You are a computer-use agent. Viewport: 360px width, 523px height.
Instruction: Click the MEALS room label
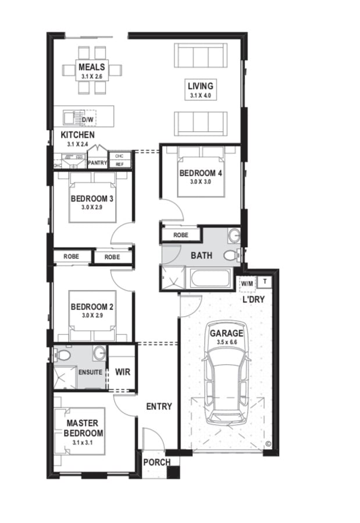coord(91,67)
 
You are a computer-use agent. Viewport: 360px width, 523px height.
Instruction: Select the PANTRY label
coord(98,163)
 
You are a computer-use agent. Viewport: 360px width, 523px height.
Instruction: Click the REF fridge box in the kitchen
coord(120,164)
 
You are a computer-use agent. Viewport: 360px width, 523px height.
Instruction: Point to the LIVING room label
coord(201,86)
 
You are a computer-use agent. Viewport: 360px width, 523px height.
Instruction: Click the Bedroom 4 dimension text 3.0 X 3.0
coord(201,182)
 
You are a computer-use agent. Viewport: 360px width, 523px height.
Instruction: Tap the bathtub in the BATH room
coord(211,278)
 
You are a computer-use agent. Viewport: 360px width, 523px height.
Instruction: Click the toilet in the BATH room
coord(231,256)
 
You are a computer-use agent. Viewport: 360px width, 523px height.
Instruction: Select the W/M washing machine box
coord(247,284)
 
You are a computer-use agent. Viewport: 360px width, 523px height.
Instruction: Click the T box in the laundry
coord(265,281)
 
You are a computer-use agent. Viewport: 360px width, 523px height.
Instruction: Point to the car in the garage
coord(226,372)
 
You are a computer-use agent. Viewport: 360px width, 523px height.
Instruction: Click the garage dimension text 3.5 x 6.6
coord(226,342)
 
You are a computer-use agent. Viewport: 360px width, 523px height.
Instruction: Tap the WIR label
coord(123,372)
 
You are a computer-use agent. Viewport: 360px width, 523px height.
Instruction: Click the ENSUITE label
coord(90,372)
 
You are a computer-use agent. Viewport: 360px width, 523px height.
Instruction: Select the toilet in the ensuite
coord(62,354)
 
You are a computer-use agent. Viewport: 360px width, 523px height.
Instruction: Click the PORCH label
coord(157,463)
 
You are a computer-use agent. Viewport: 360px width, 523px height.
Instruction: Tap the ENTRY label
coord(159,406)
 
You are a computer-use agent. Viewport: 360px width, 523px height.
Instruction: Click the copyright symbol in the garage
coord(268,443)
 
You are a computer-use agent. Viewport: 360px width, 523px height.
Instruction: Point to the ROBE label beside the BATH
coord(181,235)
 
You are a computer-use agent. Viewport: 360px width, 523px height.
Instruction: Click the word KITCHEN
coord(77,135)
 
